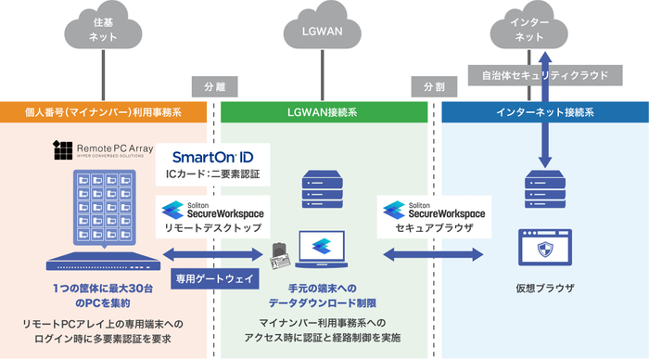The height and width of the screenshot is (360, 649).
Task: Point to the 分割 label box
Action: coord(434,86)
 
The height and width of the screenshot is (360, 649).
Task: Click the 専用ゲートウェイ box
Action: coord(214,276)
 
